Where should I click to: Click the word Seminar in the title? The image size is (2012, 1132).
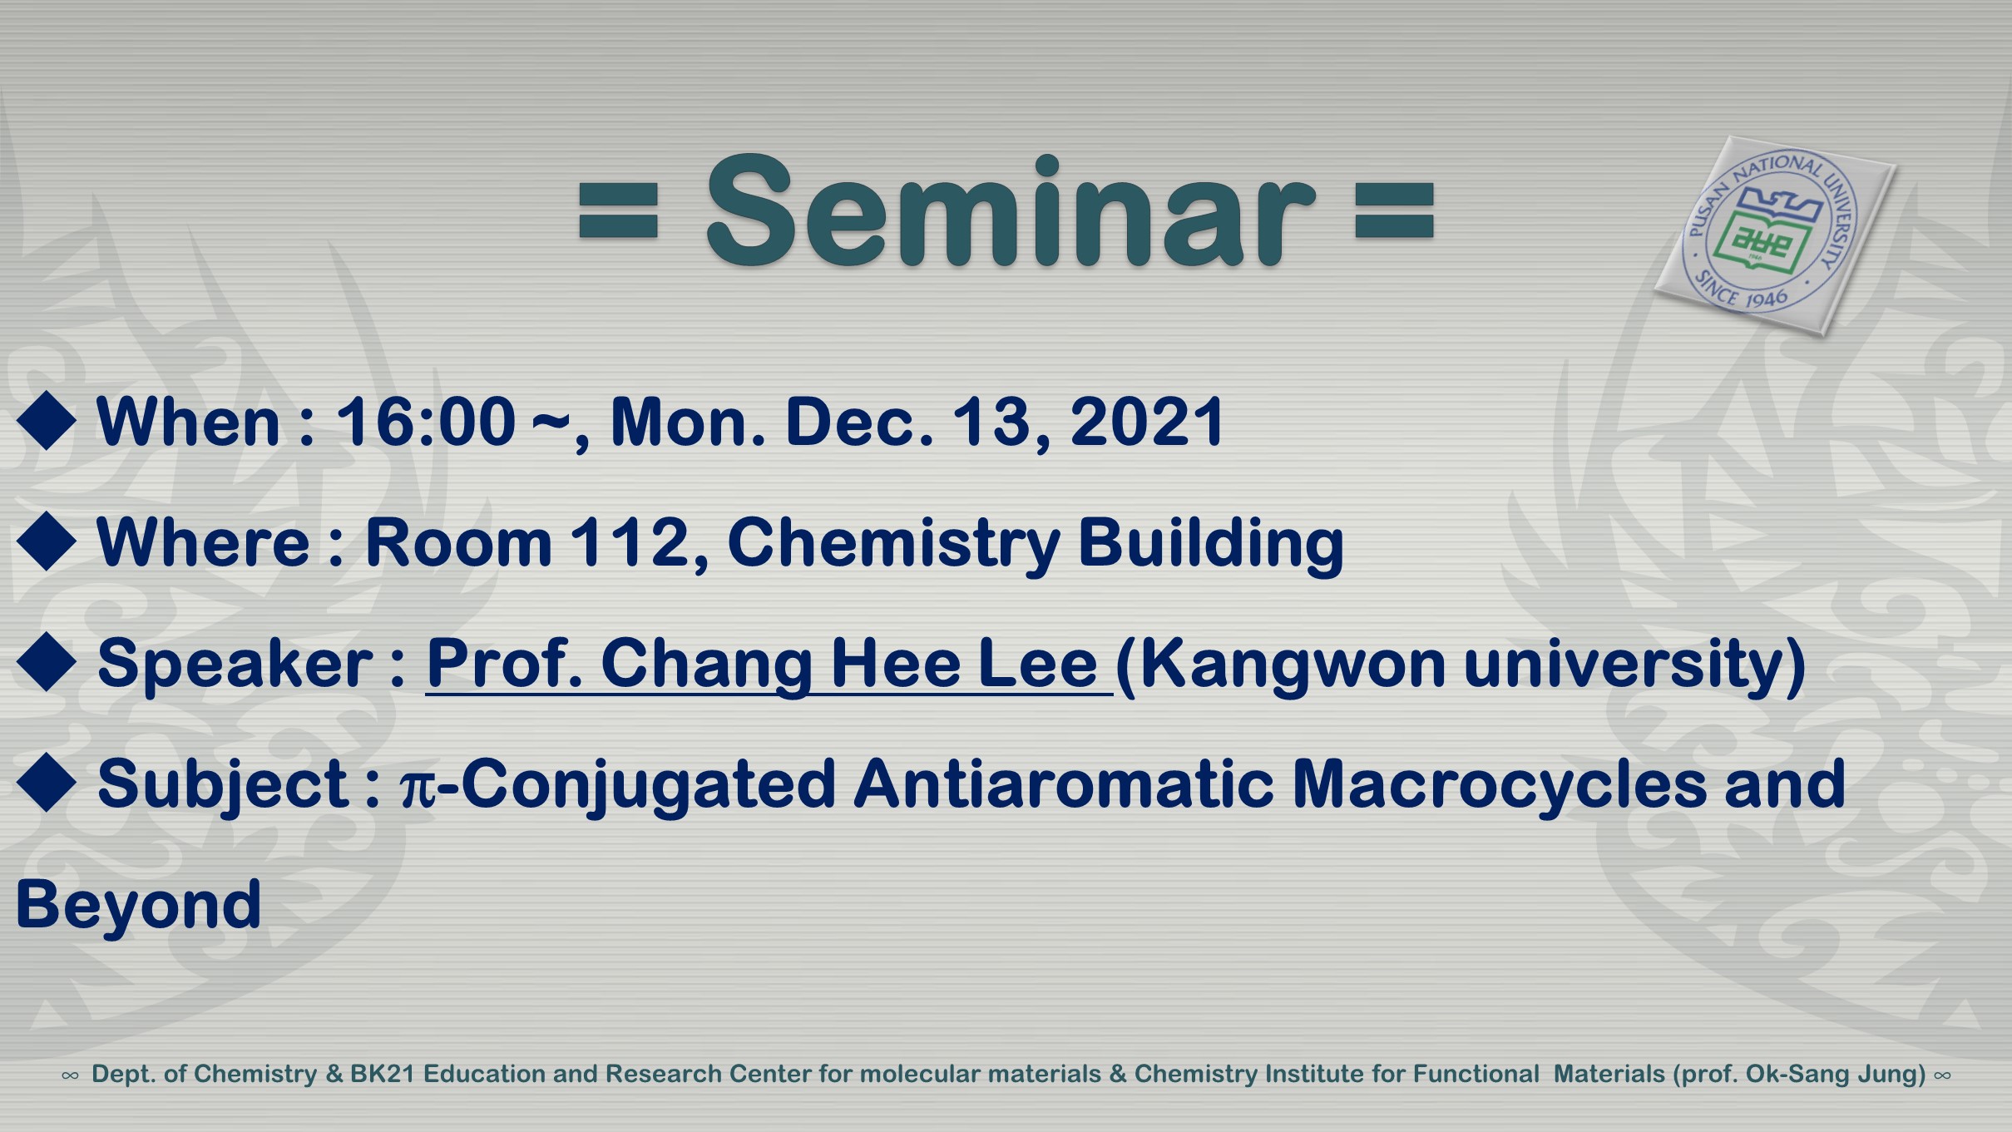1011,211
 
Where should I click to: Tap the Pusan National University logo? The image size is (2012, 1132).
1774,235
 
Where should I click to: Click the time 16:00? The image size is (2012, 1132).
425,422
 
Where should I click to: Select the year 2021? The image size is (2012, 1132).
1146,422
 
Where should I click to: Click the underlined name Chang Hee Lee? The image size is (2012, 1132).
849,664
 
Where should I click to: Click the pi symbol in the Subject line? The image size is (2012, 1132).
418,788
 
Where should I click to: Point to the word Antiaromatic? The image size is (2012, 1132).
1063,784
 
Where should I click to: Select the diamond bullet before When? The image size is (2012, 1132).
47,421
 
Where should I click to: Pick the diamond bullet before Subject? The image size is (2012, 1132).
47,783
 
